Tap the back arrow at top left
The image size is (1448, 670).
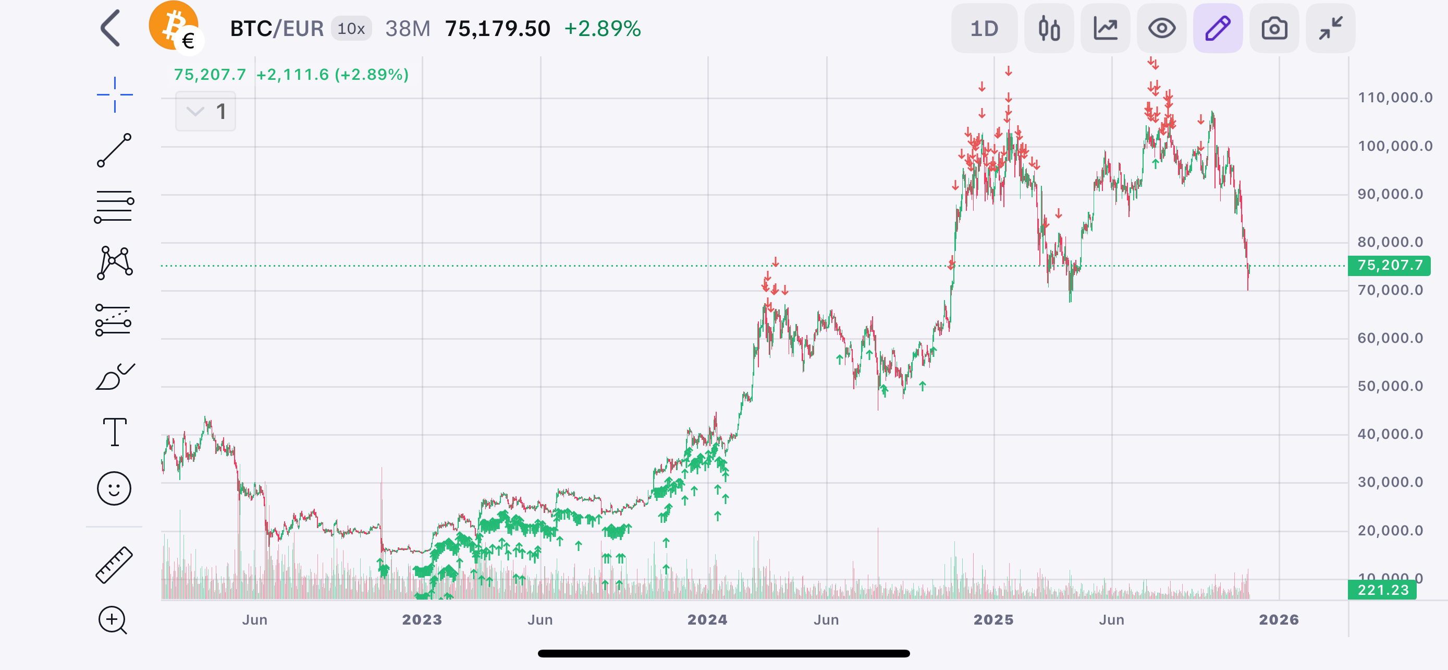[x=110, y=28]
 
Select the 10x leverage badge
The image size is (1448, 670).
[x=351, y=29]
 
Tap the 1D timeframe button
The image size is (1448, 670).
[x=984, y=29]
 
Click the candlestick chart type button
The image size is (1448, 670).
[x=1049, y=29]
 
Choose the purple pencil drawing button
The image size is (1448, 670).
[x=1218, y=29]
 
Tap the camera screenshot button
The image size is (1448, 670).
[x=1274, y=29]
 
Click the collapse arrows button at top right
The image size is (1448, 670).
[x=1331, y=29]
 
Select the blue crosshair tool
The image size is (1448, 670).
[x=115, y=94]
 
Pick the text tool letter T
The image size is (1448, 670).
[x=115, y=432]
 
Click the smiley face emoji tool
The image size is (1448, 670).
[x=114, y=488]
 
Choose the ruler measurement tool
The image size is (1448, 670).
[x=114, y=565]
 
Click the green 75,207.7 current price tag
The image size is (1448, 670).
[x=1389, y=266]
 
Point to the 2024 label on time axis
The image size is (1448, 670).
[x=707, y=620]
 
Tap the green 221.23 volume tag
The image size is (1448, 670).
[x=1382, y=590]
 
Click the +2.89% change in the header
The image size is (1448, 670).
[x=603, y=29]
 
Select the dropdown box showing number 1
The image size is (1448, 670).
[x=205, y=111]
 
